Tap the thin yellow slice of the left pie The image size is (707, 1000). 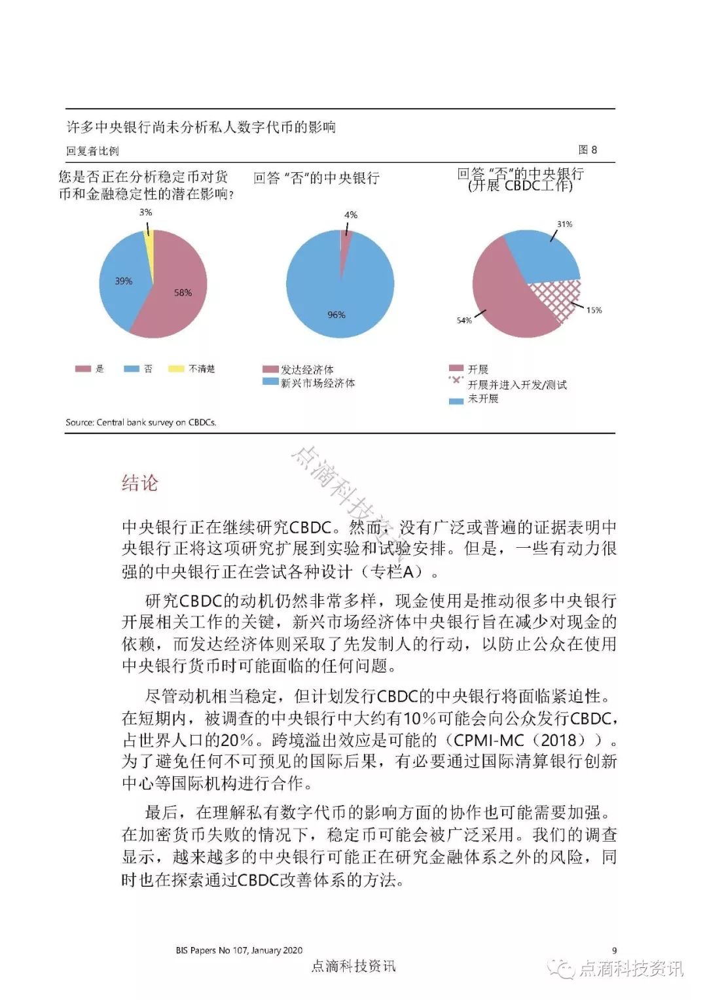coord(149,242)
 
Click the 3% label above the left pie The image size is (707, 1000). coord(145,212)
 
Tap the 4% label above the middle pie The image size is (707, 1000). coord(351,215)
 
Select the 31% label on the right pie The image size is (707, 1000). coord(564,224)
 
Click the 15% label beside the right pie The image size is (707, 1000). coord(594,310)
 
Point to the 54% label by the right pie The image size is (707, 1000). coord(464,321)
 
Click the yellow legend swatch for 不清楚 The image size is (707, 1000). coord(176,369)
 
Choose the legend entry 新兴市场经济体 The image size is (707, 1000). coord(317,383)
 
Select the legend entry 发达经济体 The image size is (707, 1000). coord(307,370)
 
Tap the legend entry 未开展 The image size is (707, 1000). coord(482,399)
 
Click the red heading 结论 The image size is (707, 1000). coord(140,483)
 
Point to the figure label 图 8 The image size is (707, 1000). coord(587,150)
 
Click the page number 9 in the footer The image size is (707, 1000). coord(614,950)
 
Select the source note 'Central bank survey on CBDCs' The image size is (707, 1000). coord(141,422)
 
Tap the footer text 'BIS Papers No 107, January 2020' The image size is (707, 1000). coord(239,950)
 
